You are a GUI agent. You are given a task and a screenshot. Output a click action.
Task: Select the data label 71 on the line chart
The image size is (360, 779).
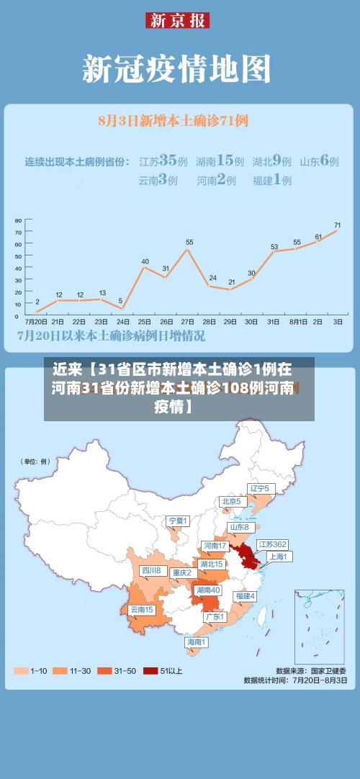coord(337,225)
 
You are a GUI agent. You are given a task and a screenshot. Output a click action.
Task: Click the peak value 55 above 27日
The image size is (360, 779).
coord(189,243)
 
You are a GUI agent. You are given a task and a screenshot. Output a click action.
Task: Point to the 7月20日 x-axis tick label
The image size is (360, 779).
coord(37,321)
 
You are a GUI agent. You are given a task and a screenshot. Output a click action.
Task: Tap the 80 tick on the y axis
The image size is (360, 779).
coord(19,221)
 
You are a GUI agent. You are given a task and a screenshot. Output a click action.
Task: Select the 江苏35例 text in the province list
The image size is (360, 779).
coord(163,161)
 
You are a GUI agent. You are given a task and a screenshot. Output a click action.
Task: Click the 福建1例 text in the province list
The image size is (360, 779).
coord(271,180)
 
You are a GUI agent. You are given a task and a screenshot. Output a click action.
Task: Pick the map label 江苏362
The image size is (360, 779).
coord(272,544)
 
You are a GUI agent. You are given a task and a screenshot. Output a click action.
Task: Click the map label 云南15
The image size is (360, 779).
coord(141,610)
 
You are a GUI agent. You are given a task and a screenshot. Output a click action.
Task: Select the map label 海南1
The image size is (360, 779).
coord(196,641)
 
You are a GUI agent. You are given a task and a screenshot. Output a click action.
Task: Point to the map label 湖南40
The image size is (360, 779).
coord(209,590)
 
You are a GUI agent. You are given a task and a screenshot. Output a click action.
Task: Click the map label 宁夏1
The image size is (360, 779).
coord(177,521)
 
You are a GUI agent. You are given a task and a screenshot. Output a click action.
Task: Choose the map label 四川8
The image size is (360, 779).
coord(150,570)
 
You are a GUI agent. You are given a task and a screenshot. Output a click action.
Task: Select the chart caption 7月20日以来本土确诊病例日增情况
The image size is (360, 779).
coord(111,336)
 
